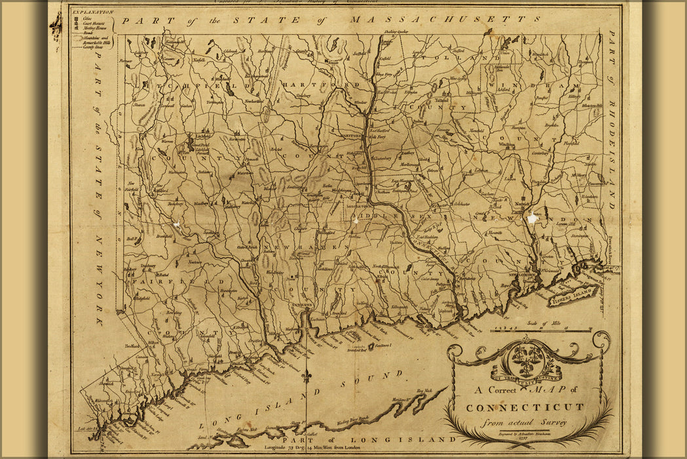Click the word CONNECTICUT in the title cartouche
tap(524, 407)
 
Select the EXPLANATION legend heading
tap(92, 12)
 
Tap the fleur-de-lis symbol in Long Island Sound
tap(308, 377)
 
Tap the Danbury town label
tap(148, 266)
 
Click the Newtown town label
tap(195, 262)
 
